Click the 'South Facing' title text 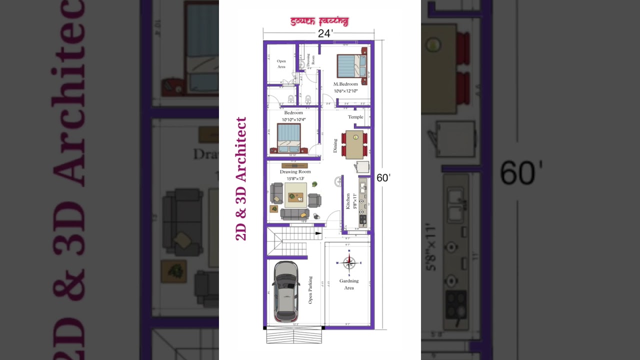pyautogui.click(x=319, y=21)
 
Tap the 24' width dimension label pyautogui.click(x=325, y=33)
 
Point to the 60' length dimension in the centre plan pyautogui.click(x=383, y=177)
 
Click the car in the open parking pyautogui.click(x=287, y=291)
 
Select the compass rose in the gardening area pyautogui.click(x=349, y=262)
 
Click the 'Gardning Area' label pyautogui.click(x=349, y=284)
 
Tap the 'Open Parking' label pyautogui.click(x=310, y=290)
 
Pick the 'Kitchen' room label pyautogui.click(x=348, y=201)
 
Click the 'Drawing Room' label pyautogui.click(x=295, y=171)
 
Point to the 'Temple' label pyautogui.click(x=355, y=117)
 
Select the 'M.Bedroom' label pyautogui.click(x=345, y=84)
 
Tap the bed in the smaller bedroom pyautogui.click(x=288, y=138)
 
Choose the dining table pyautogui.click(x=354, y=144)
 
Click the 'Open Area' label pyautogui.click(x=281, y=63)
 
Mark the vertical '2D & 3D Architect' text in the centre pyautogui.click(x=241, y=178)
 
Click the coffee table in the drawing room pyautogui.click(x=296, y=194)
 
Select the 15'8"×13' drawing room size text pyautogui.click(x=295, y=178)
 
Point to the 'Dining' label pyautogui.click(x=335, y=145)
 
